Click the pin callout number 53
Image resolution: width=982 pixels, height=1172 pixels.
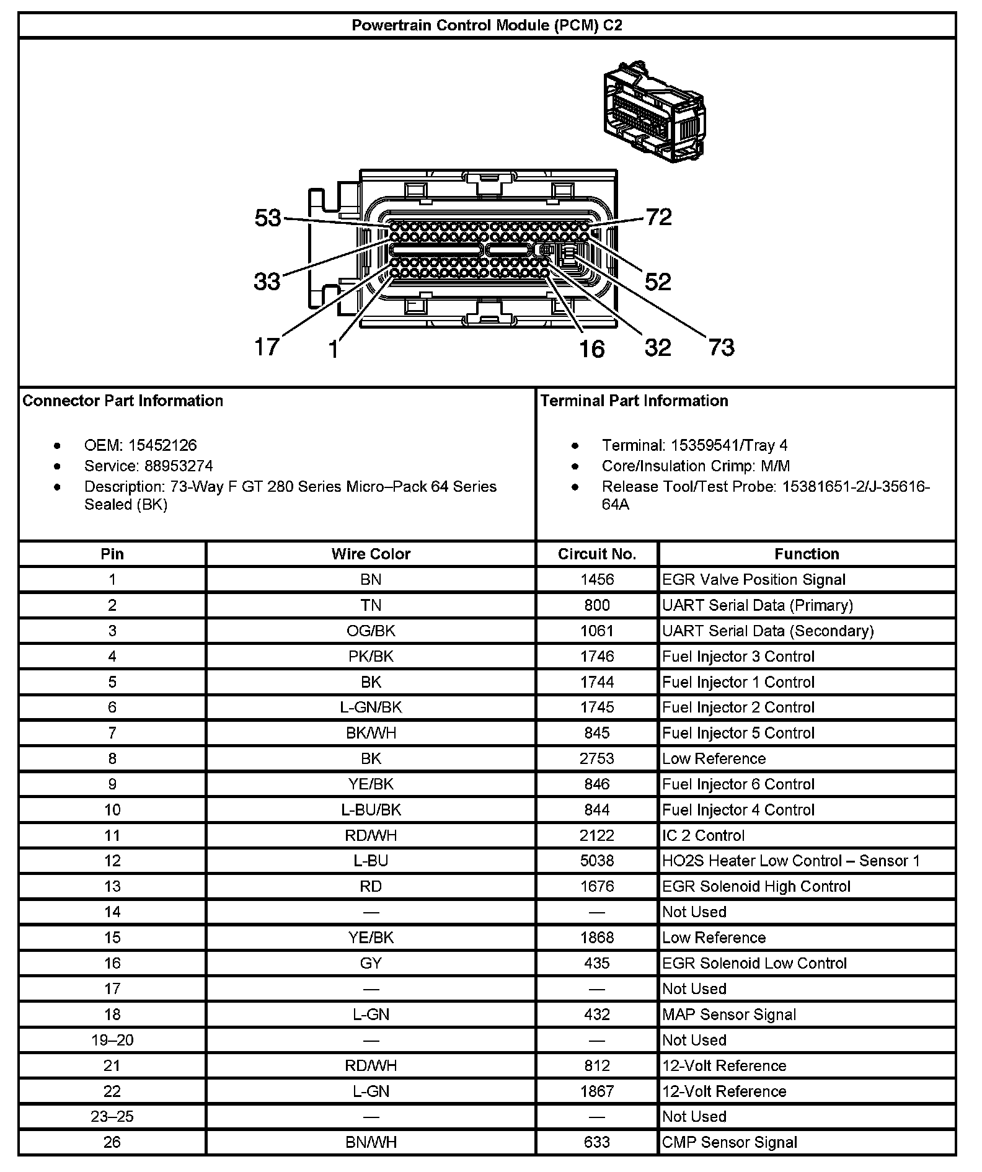tap(268, 218)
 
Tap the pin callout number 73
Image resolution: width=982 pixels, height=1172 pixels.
tap(721, 347)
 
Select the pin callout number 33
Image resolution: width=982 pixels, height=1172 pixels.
tap(267, 282)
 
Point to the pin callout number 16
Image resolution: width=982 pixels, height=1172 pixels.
tap(591, 349)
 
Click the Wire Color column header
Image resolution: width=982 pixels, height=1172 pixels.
tap(371, 554)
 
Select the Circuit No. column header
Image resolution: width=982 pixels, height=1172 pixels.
tap(597, 554)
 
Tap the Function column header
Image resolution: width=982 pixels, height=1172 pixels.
tap(807, 554)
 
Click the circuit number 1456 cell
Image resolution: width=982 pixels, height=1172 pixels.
tap(597, 580)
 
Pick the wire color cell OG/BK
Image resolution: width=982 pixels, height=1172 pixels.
tap(371, 631)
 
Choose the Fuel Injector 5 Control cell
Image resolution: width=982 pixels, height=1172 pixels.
tap(738, 733)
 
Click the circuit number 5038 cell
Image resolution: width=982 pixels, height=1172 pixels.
tap(597, 861)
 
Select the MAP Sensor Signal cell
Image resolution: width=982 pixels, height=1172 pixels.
tap(729, 1014)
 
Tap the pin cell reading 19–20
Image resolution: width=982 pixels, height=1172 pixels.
tap(112, 1040)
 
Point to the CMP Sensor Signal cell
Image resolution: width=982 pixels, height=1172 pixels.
tap(730, 1142)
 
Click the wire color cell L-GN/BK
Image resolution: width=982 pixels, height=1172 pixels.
tap(371, 708)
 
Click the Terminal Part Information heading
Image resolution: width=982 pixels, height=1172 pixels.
tap(634, 401)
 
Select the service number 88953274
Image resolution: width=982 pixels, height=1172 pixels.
tap(179, 466)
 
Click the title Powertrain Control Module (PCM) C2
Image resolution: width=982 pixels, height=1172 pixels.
tap(487, 25)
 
